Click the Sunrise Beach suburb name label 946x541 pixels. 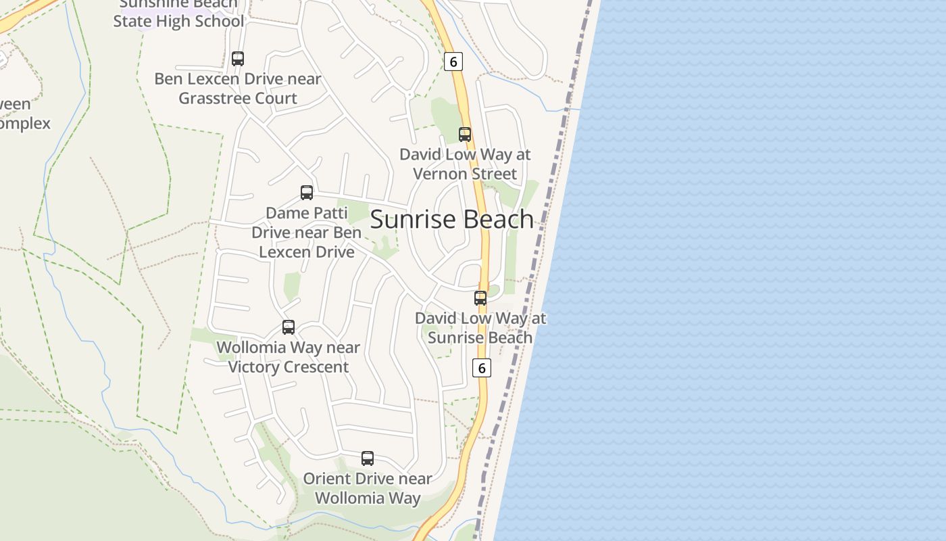click(x=452, y=220)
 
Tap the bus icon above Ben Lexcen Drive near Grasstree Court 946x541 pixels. click(x=238, y=58)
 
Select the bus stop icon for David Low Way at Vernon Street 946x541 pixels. click(x=465, y=134)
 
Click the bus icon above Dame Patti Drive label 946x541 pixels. click(x=307, y=193)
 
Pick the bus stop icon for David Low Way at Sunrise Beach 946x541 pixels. click(x=480, y=298)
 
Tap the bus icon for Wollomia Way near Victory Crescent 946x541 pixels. click(x=289, y=327)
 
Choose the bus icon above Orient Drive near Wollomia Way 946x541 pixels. click(x=368, y=458)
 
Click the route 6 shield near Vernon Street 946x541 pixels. click(x=453, y=62)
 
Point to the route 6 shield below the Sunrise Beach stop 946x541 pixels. click(x=481, y=368)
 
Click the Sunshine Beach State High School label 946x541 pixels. click(x=178, y=14)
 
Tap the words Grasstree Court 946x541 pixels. click(x=238, y=98)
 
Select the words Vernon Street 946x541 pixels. click(x=465, y=174)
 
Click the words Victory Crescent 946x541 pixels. click(x=289, y=367)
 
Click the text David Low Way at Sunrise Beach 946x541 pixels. click(x=480, y=328)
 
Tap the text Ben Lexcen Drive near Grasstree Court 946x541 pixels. click(x=238, y=89)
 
